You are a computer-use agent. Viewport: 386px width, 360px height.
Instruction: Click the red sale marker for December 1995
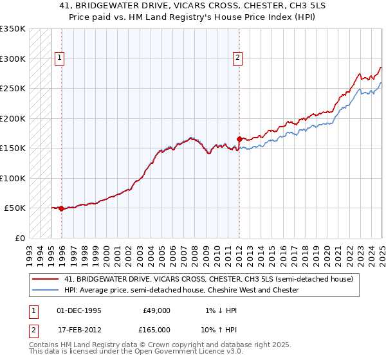[61, 208]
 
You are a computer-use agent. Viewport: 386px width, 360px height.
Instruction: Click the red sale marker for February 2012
[239, 139]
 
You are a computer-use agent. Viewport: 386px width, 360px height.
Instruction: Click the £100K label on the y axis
[13, 178]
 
